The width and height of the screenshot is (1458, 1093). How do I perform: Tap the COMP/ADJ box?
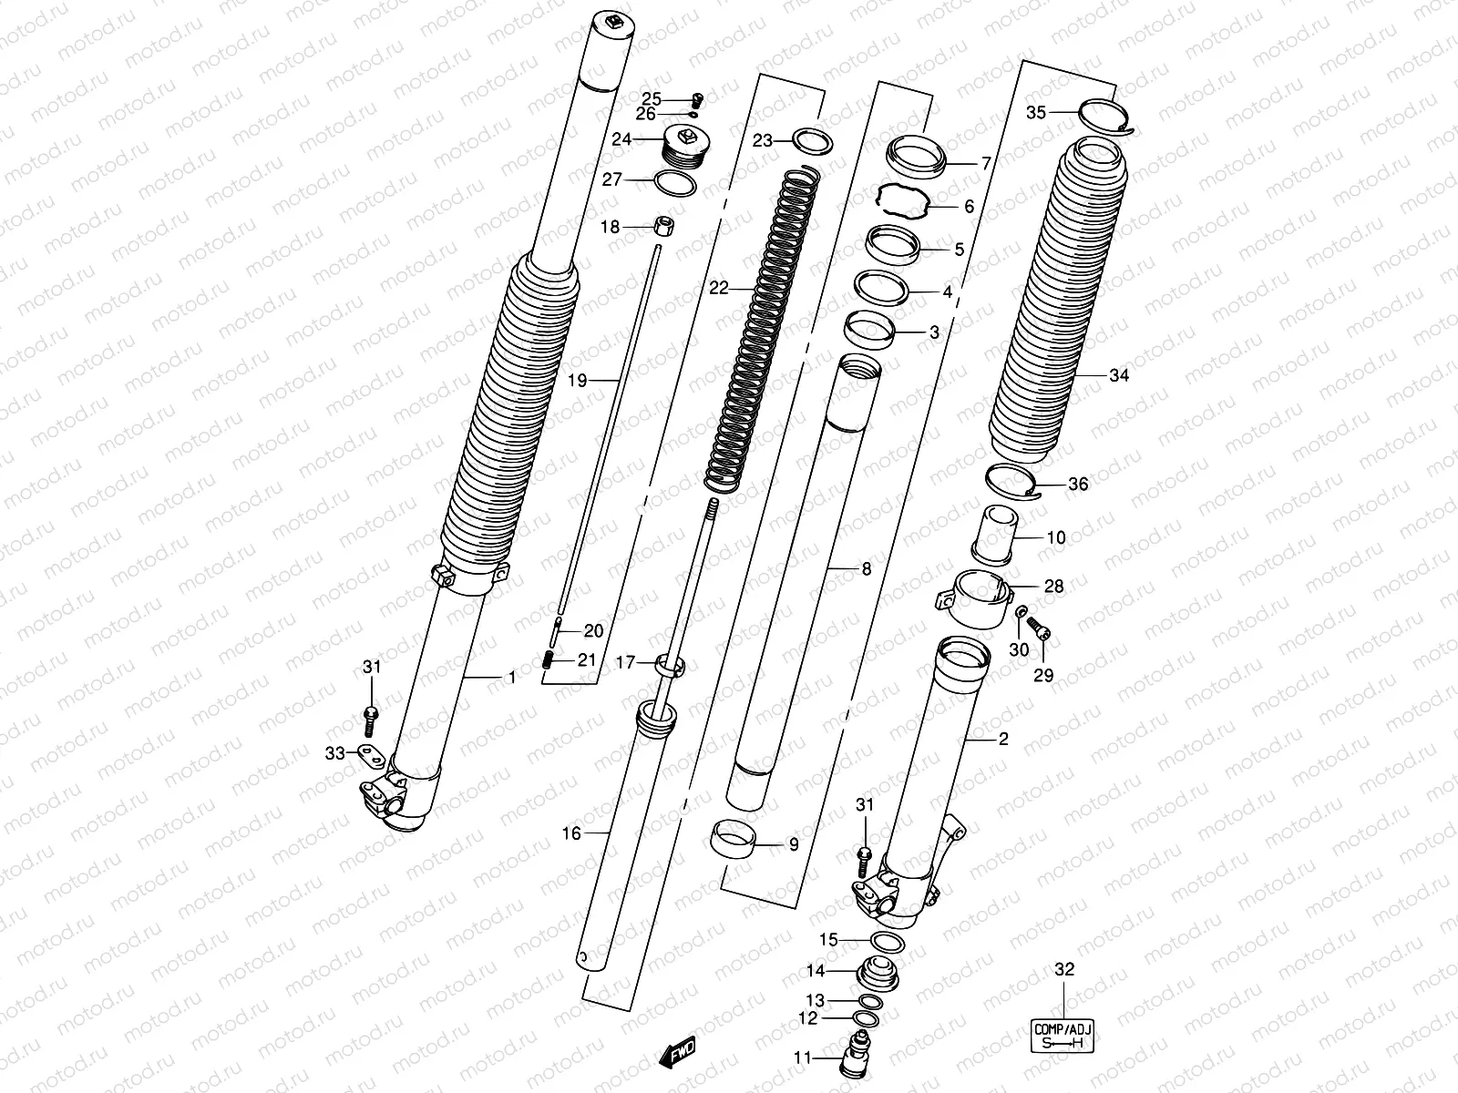point(1063,1037)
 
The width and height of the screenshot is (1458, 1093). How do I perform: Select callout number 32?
point(1063,970)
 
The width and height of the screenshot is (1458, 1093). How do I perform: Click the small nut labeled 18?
point(665,225)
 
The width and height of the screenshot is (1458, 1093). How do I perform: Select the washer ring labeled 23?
point(813,141)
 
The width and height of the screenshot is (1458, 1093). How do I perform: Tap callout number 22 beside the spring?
point(719,288)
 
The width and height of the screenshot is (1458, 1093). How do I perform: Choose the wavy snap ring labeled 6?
point(903,201)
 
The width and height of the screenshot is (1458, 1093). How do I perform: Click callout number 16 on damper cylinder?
point(571,833)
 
